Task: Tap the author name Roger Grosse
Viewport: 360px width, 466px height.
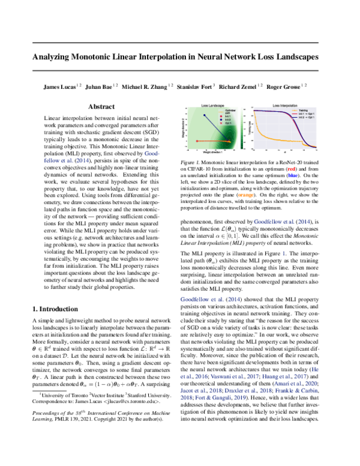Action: [283, 87]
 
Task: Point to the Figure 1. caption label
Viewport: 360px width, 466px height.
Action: [191, 162]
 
